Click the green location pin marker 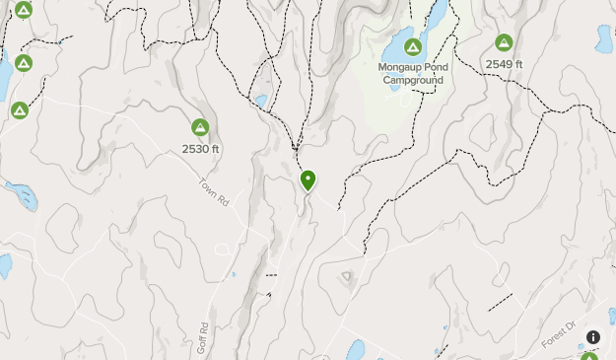click(308, 180)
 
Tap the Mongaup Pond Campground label click(412, 74)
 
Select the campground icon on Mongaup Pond click(412, 47)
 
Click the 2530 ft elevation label click(200, 149)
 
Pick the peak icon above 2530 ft click(200, 127)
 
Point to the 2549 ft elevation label click(504, 64)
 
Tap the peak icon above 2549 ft click(504, 42)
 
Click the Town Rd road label click(214, 190)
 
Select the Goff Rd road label click(203, 337)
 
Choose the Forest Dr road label click(558, 335)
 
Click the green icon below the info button click(589, 356)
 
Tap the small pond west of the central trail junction click(260, 101)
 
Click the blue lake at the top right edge click(603, 38)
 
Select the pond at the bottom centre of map click(355, 350)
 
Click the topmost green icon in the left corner click(24, 10)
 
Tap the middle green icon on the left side click(24, 63)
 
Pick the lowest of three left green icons click(19, 109)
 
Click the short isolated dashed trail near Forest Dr click(501, 301)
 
